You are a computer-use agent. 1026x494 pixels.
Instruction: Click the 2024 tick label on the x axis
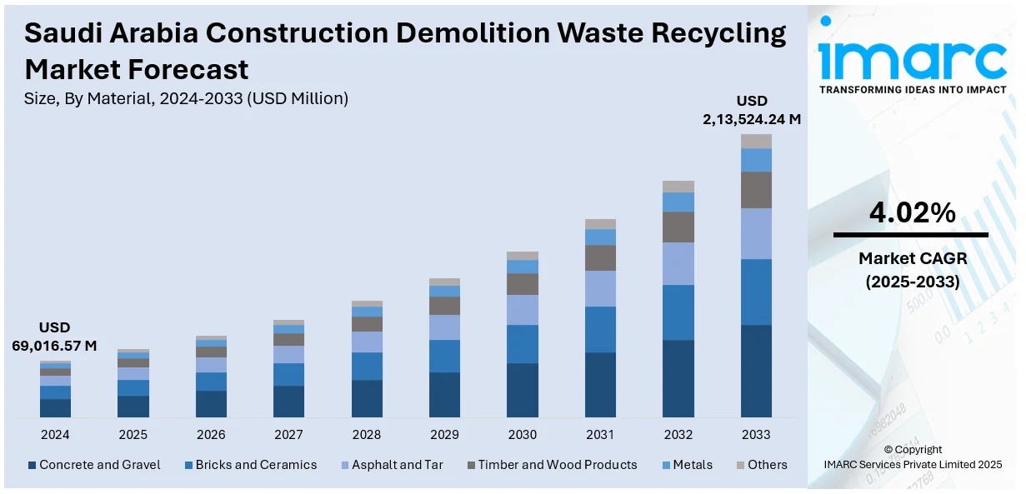[x=55, y=435]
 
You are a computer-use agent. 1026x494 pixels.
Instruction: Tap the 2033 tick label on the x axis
[x=756, y=435]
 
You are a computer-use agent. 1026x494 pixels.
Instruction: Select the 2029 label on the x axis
[x=444, y=435]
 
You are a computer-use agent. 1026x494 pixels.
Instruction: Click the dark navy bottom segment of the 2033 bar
[x=756, y=371]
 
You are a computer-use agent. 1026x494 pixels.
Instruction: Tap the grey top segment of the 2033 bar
[x=756, y=141]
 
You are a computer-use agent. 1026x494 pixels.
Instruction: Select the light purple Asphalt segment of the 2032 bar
[x=678, y=263]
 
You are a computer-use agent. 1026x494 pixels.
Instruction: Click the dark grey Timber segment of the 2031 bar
[x=600, y=257]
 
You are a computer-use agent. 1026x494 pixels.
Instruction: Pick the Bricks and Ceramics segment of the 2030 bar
[x=523, y=343]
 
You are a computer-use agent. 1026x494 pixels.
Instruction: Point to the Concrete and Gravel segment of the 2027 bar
[x=288, y=401]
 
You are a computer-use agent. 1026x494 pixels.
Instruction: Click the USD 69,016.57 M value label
[x=54, y=337]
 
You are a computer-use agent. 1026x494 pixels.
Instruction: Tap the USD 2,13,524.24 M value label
[x=752, y=110]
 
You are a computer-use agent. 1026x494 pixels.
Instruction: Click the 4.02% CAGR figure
[x=912, y=213]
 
